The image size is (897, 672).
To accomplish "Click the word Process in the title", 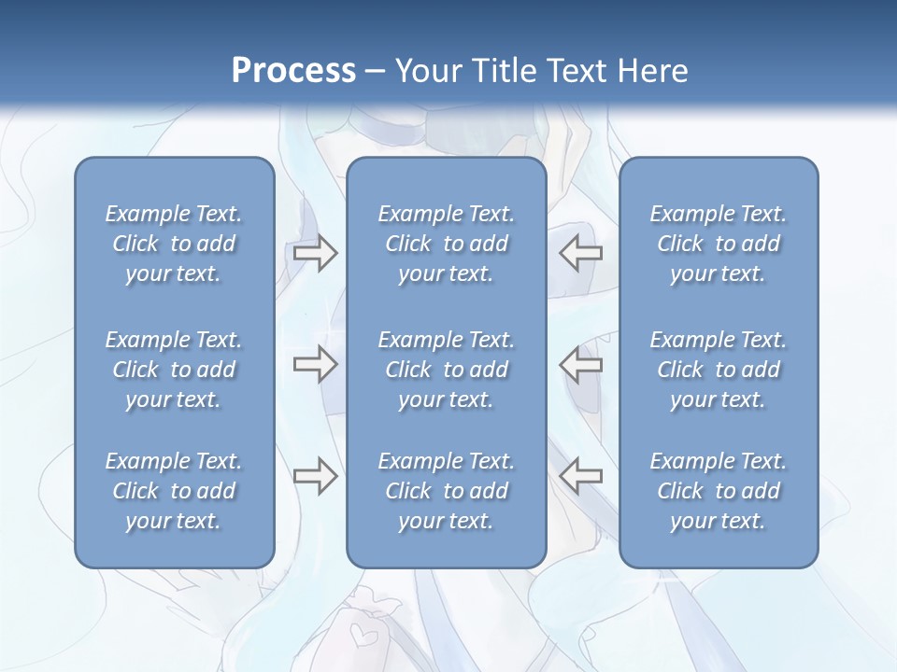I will point(293,71).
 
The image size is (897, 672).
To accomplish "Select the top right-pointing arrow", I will point(315,253).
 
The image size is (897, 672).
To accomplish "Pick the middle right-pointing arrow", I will point(315,364).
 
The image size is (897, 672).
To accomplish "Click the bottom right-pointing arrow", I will point(315,476).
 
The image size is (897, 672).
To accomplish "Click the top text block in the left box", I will point(174,244).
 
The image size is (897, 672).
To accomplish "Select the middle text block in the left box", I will point(174,370).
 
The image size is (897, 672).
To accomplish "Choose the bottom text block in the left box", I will point(174,491).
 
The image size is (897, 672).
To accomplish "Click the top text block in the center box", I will point(447,244).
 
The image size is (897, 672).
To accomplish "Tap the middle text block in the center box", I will point(447,370).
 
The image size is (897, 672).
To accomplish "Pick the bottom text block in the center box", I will point(447,491).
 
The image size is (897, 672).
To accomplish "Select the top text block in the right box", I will point(719,244).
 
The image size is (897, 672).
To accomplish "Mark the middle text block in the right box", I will point(719,370).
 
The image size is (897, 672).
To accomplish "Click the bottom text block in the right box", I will point(719,491).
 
